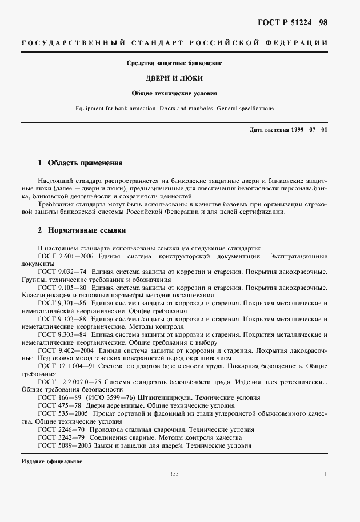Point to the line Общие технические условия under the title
(180, 92)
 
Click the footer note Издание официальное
(52, 461)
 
